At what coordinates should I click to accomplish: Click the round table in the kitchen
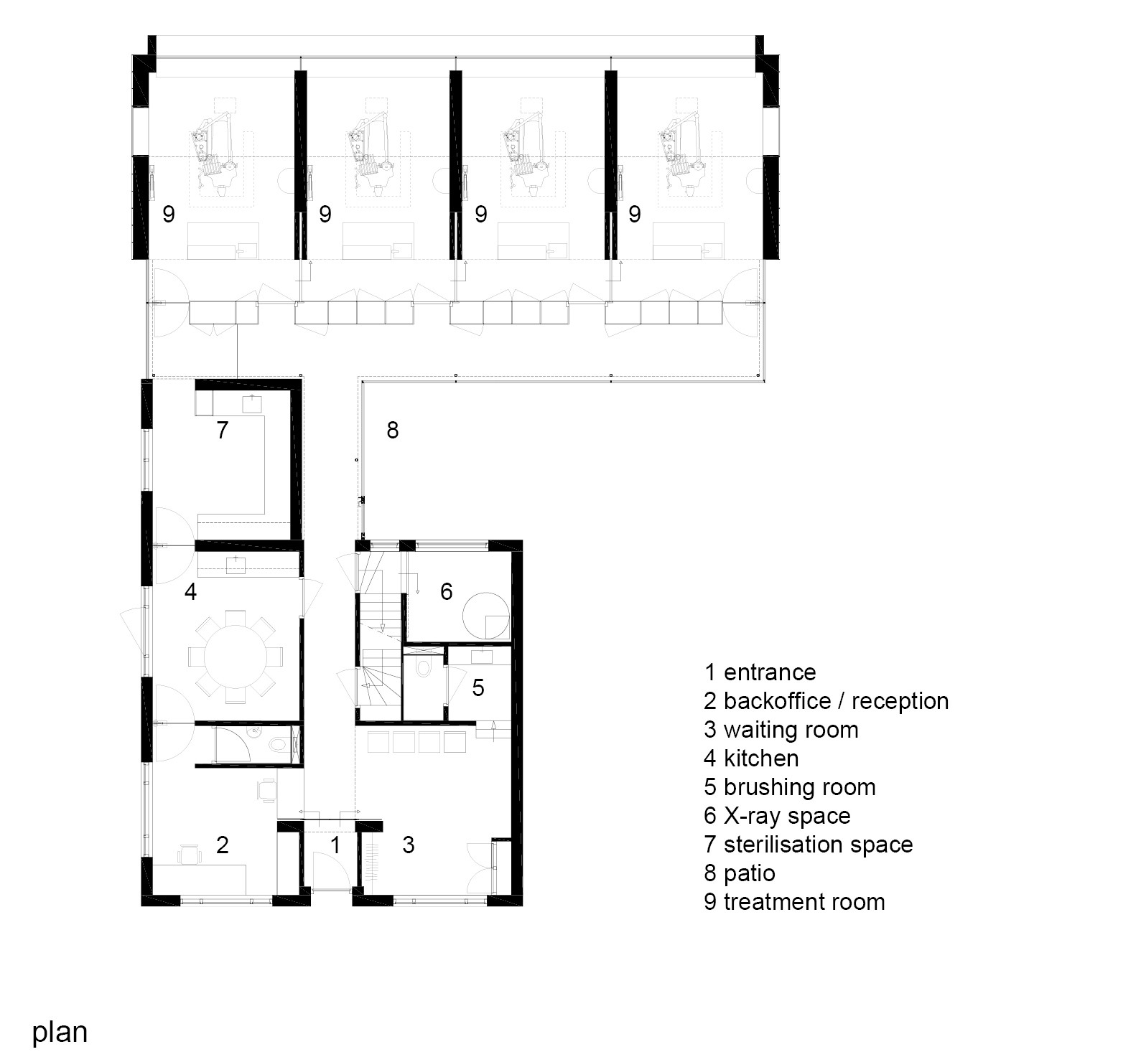(x=235, y=654)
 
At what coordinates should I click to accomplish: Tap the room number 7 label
(x=222, y=430)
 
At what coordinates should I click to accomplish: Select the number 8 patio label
(x=392, y=430)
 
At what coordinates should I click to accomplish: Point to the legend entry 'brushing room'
(x=789, y=787)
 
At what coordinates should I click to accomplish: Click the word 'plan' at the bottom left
(x=60, y=1032)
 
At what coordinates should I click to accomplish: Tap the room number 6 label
(x=446, y=591)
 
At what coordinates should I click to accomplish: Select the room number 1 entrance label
(x=335, y=845)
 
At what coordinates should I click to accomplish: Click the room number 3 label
(x=408, y=845)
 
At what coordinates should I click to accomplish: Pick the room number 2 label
(x=222, y=845)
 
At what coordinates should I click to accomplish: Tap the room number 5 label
(x=478, y=688)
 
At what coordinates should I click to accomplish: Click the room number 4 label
(x=190, y=592)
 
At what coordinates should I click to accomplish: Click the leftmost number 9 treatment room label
(x=169, y=214)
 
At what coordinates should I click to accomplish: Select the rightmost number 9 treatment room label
(x=634, y=214)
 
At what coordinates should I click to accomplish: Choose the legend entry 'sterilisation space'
(x=808, y=845)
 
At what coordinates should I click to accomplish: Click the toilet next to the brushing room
(x=424, y=669)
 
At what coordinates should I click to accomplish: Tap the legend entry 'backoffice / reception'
(x=826, y=701)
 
